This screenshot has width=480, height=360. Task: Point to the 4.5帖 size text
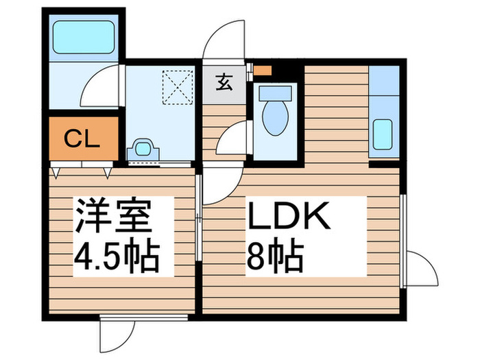[116, 256]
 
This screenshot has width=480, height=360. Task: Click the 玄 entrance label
[224, 82]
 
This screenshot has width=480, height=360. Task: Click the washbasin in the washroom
[143, 149]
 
